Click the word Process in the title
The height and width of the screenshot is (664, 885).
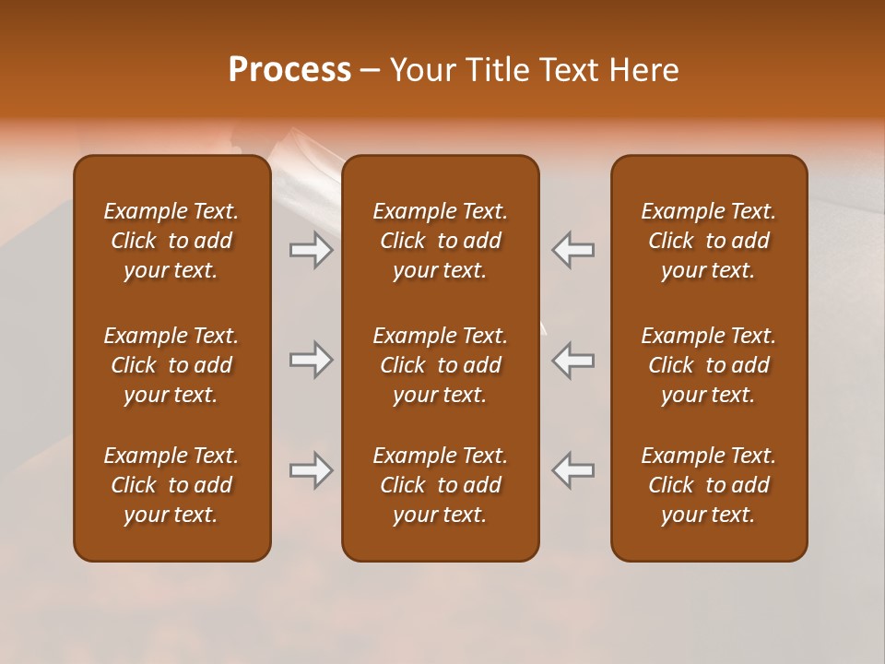(289, 70)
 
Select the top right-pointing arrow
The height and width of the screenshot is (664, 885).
(312, 250)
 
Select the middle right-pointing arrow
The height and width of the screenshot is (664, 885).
(312, 360)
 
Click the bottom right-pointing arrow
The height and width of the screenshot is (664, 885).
(312, 470)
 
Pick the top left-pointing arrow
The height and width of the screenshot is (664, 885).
(573, 250)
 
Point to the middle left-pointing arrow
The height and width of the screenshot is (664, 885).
(573, 360)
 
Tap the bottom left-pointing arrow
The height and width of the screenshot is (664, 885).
(573, 470)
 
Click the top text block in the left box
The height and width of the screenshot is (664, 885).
(171, 241)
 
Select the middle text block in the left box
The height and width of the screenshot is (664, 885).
(171, 365)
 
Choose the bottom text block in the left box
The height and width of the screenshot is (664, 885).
(171, 485)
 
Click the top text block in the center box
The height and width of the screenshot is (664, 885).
(440, 241)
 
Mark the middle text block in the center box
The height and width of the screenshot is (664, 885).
(440, 365)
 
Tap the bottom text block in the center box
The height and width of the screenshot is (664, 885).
(440, 485)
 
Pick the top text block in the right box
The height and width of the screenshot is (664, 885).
(708, 241)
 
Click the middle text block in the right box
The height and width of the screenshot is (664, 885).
(708, 365)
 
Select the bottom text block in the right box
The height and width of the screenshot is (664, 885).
(708, 485)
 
